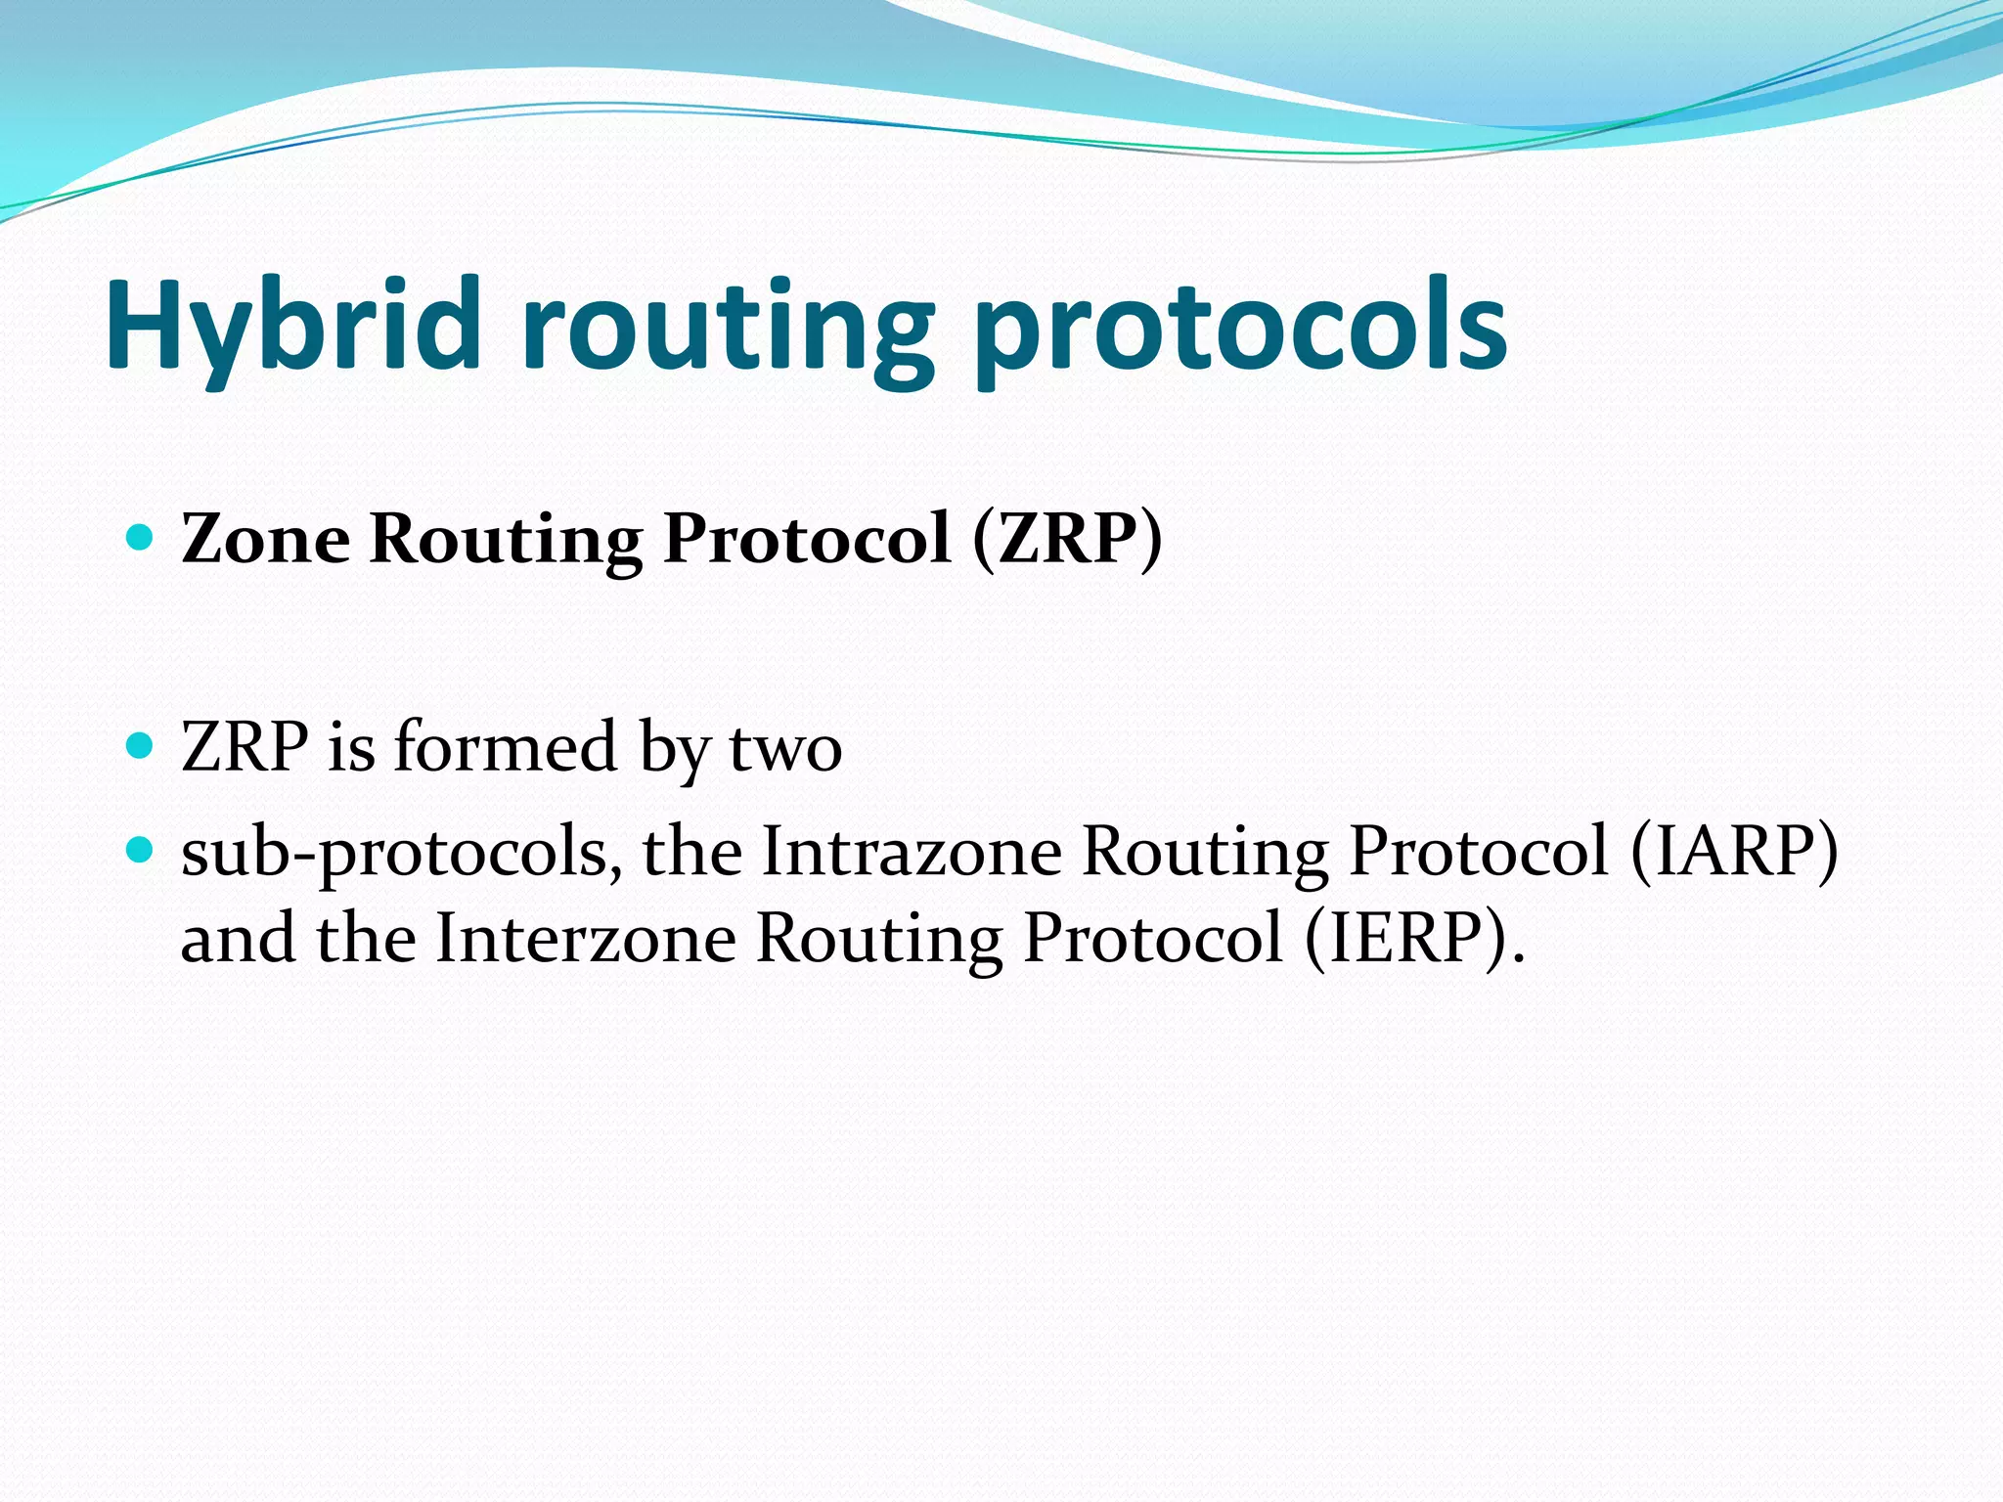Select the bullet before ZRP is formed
pos(141,747)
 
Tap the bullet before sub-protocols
pos(141,851)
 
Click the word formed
pos(505,747)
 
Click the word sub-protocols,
pos(402,853)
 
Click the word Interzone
pos(585,938)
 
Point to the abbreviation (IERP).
pos(1413,938)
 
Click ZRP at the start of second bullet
pos(245,747)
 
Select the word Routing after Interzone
pos(879,940)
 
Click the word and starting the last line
pos(238,938)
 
